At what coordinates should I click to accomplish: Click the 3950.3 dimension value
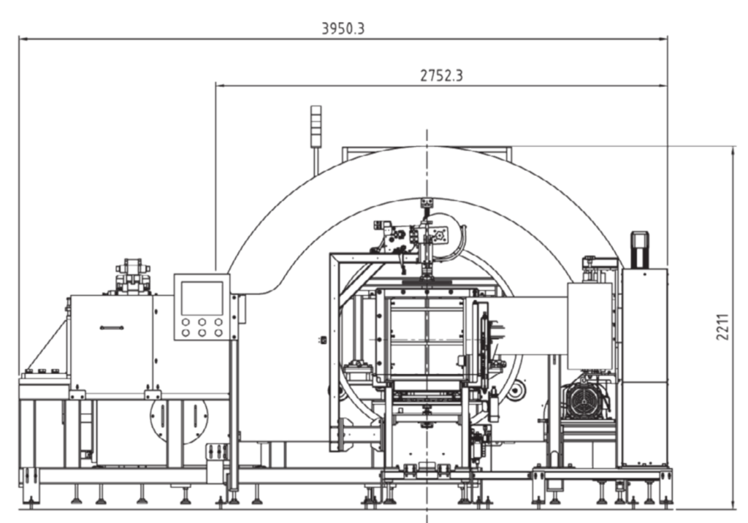pos(343,28)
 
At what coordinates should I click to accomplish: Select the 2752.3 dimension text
pos(441,75)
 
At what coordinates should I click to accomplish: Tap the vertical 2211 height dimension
pos(722,327)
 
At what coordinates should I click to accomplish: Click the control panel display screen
pos(202,298)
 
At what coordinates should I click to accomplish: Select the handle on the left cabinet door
pos(112,328)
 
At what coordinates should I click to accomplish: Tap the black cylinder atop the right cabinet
pos(640,250)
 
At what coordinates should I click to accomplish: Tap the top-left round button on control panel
pos(186,323)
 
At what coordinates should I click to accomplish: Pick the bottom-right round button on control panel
pos(218,332)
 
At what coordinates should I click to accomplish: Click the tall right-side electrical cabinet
pos(644,367)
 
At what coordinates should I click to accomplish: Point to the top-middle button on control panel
pos(202,323)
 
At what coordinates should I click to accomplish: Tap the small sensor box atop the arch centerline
pos(426,203)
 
